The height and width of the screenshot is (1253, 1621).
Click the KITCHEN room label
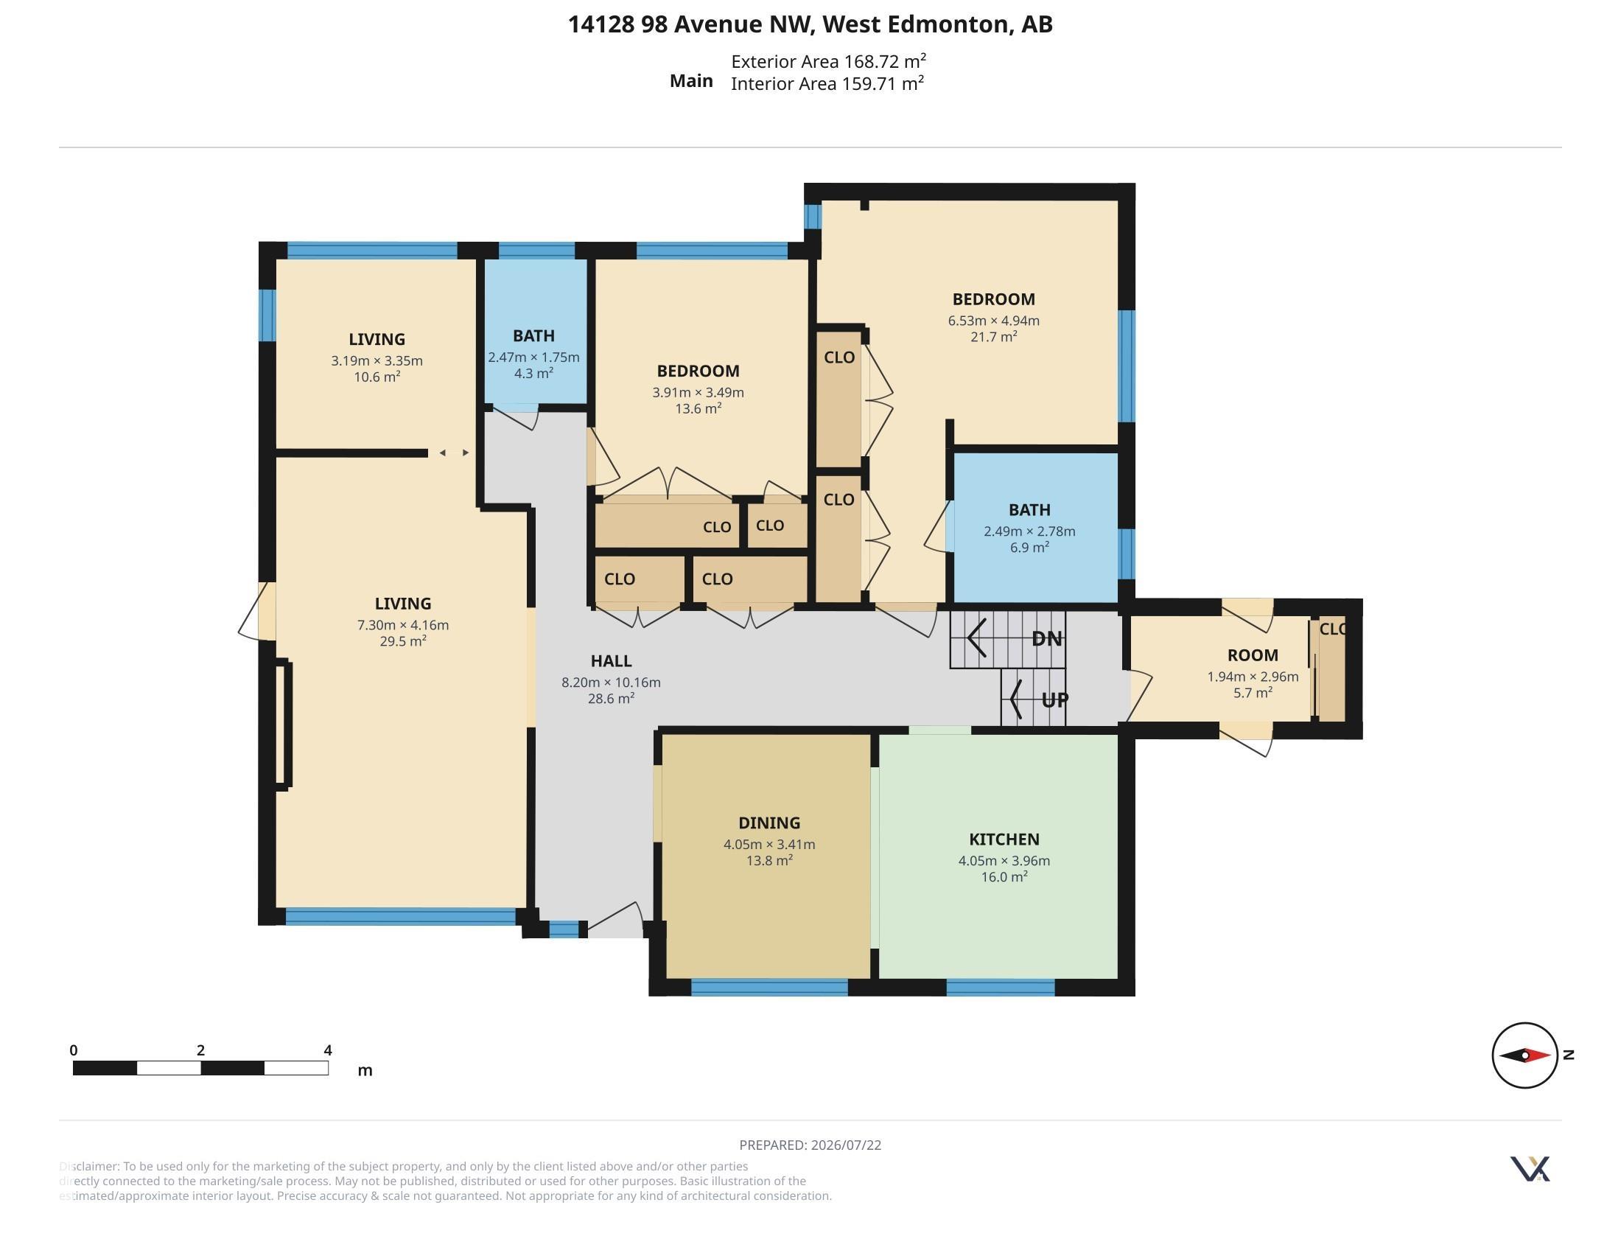click(x=1004, y=839)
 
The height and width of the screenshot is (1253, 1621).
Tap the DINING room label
click(x=769, y=823)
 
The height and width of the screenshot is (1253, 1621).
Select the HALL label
click(x=611, y=660)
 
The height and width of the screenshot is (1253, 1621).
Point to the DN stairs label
click(x=1046, y=638)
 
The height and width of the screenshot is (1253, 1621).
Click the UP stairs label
click(x=1054, y=699)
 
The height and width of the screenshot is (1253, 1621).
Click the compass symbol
click(x=1524, y=1055)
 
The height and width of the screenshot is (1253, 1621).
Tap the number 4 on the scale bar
click(x=328, y=1050)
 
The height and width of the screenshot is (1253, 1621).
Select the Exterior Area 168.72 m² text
click(x=828, y=61)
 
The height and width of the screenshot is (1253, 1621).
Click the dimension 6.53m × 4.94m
click(x=993, y=321)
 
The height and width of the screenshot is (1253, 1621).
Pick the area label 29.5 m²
click(x=403, y=641)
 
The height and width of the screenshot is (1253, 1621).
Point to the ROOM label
click(x=1253, y=655)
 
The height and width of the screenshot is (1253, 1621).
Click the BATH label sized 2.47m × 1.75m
click(x=533, y=335)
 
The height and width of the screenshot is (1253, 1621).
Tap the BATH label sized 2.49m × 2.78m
click(x=1029, y=510)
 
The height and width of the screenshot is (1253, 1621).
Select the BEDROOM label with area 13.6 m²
click(x=698, y=371)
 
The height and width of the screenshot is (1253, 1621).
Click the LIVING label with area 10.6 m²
click(x=377, y=339)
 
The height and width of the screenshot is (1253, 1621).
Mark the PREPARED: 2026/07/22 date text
click(x=810, y=1145)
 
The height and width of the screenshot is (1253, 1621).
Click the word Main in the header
click(x=691, y=81)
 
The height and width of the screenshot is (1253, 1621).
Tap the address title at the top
click(x=810, y=24)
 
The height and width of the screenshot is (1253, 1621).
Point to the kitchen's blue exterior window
click(x=1001, y=988)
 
